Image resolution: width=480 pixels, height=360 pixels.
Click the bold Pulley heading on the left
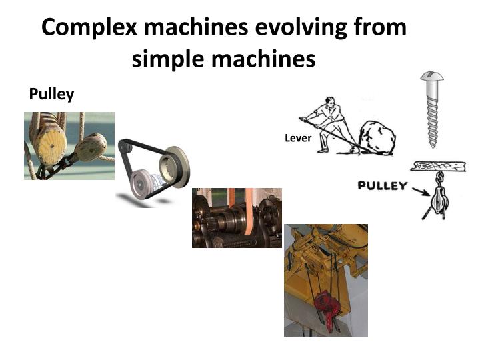[51, 95]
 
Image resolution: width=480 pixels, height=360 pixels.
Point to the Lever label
[294, 139]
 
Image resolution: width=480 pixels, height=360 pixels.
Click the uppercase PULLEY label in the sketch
[381, 185]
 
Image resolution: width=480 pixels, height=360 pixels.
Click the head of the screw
[431, 79]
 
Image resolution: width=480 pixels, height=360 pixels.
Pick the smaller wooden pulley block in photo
[90, 147]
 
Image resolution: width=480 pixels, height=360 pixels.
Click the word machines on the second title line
[273, 59]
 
